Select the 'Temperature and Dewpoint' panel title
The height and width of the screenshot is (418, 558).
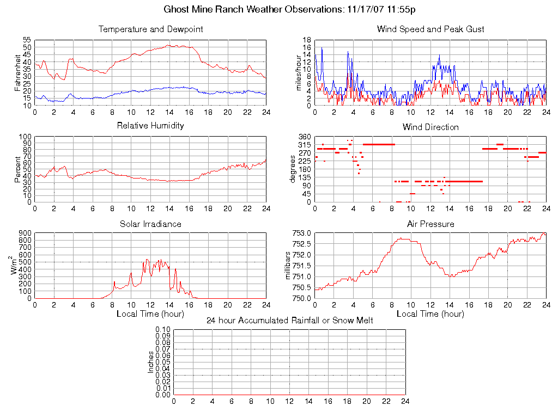coord(150,29)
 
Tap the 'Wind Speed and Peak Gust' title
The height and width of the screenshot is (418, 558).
coord(430,29)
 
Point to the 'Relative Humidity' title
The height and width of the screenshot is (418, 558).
coord(150,126)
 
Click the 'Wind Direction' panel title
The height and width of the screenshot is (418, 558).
coord(430,127)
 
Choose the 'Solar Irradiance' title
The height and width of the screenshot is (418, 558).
coord(150,224)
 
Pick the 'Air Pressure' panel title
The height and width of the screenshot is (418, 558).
coord(430,224)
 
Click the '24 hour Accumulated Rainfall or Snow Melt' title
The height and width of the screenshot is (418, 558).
coord(289,321)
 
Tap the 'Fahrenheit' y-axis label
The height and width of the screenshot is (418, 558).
coord(17,73)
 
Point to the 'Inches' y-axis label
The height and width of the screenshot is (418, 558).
coord(151,362)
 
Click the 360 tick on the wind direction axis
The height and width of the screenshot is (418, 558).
coord(305,137)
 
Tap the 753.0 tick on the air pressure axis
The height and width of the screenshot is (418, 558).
coord(302,233)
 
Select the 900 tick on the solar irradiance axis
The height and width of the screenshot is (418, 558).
coord(25,233)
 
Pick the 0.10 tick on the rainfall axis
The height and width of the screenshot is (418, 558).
coord(162,330)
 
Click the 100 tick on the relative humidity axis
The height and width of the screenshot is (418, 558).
coord(25,137)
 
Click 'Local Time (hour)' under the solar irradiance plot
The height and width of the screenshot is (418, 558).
coord(150,314)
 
